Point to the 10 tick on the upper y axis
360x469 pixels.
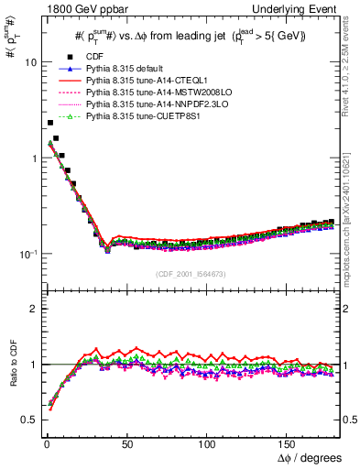30,63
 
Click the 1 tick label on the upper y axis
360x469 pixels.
33,158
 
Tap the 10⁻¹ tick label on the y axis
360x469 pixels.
27,253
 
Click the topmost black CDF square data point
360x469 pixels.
49,123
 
